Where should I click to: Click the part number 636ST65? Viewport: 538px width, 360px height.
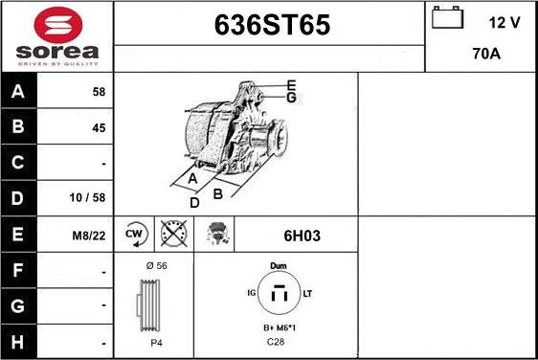point(269,26)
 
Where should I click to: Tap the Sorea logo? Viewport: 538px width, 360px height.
point(56,35)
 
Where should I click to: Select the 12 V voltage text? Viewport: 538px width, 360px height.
point(504,23)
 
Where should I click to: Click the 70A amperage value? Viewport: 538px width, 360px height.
point(487,55)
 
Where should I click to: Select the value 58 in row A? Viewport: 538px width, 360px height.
point(99,92)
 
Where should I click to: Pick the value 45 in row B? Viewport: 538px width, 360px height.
point(99,127)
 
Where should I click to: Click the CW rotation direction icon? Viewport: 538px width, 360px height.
point(134,233)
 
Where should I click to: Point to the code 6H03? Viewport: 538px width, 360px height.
point(294,233)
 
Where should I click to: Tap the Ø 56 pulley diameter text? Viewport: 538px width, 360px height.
point(155,265)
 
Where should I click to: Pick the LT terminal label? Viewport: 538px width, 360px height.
point(308,292)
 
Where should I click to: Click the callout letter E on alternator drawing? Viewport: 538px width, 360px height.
point(291,85)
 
